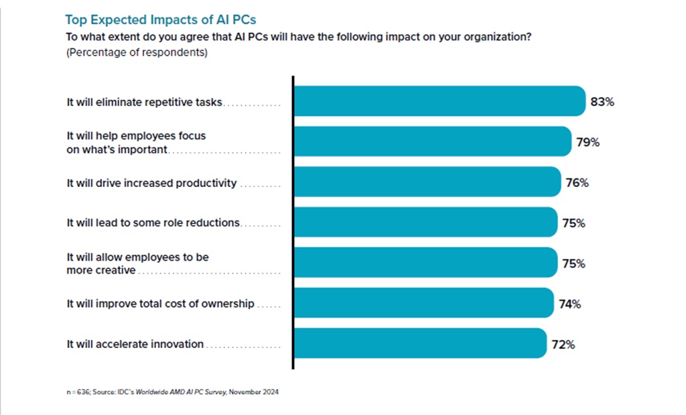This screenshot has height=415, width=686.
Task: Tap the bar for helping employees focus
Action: click(433, 141)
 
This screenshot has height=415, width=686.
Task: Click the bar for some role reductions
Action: click(425, 222)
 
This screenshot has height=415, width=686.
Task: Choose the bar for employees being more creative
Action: click(425, 262)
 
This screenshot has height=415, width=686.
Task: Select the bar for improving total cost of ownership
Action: click(423, 303)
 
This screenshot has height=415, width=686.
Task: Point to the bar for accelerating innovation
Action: click(419, 343)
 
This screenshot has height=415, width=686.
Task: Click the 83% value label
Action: click(602, 103)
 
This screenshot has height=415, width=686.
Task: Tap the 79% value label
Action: click(588, 143)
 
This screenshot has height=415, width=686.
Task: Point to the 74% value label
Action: click(569, 304)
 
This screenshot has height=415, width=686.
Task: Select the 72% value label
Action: click(563, 345)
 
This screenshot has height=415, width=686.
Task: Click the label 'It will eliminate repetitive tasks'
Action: click(144, 103)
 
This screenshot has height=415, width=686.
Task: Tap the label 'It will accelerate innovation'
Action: click(135, 344)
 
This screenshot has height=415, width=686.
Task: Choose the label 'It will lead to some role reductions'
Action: click(153, 223)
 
